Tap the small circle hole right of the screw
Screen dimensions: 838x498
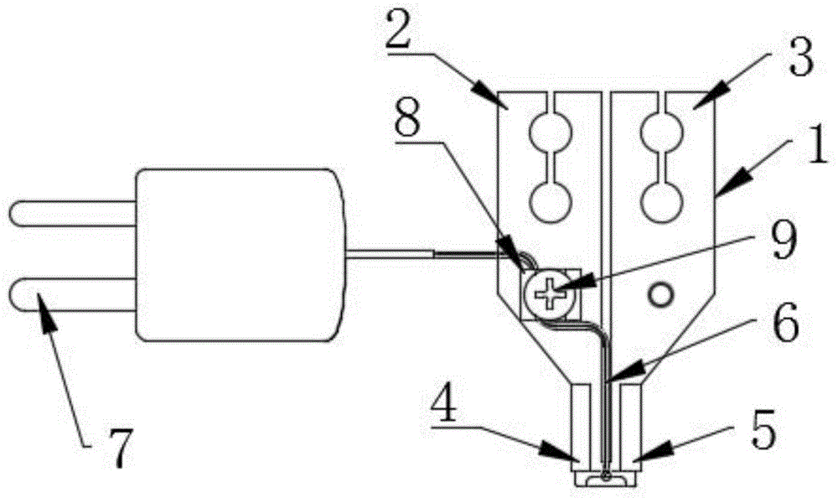(660, 294)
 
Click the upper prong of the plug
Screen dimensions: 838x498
(73, 213)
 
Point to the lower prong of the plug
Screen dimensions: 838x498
(73, 296)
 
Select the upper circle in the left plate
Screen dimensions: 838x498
(551, 130)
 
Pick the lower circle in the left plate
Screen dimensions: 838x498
(551, 202)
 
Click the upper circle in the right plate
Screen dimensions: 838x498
(663, 130)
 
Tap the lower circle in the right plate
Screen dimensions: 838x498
(663, 202)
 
